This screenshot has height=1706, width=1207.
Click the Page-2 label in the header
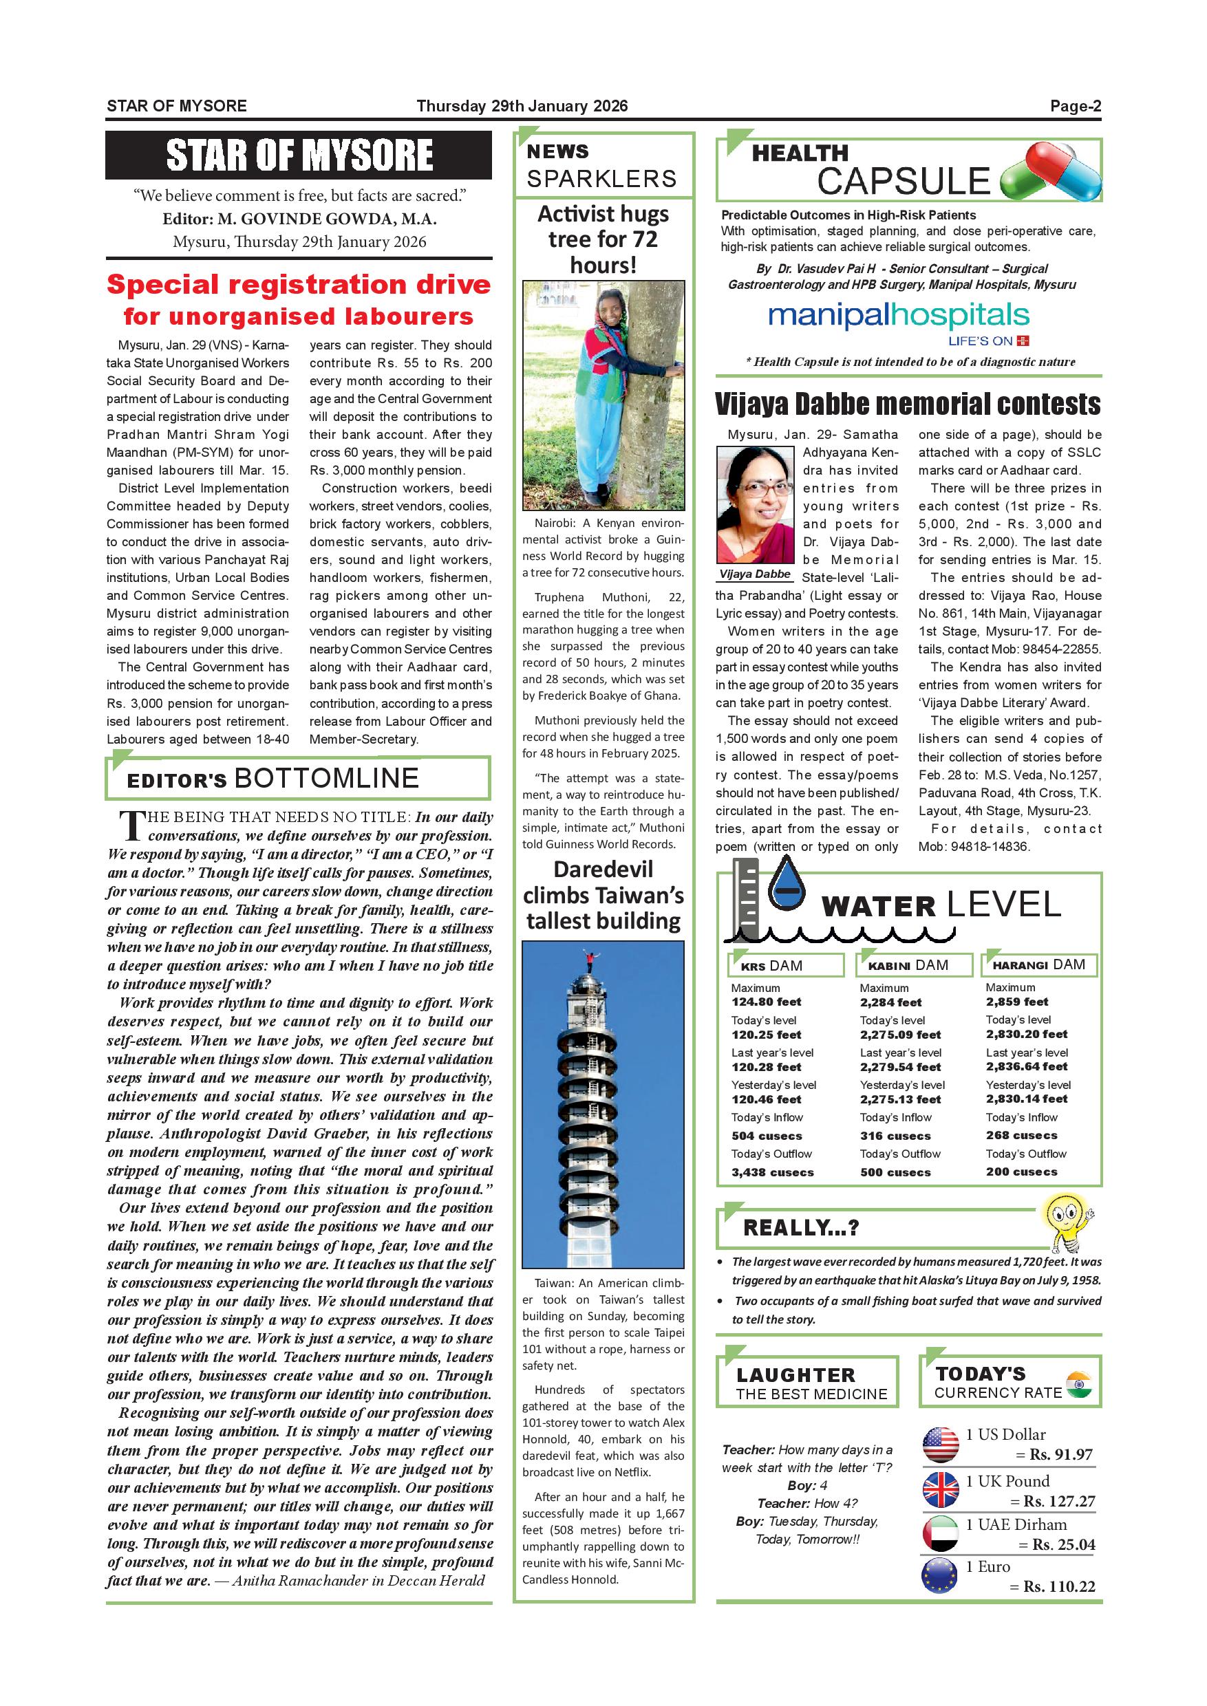click(x=1075, y=106)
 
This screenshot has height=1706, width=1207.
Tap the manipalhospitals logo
click(x=899, y=316)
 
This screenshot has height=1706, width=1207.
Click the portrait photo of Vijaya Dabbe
click(x=754, y=505)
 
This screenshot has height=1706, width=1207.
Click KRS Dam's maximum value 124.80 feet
click(x=767, y=1002)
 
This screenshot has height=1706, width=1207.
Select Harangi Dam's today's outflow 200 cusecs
click(x=1021, y=1171)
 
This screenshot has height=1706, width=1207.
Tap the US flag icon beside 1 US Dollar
click(x=940, y=1445)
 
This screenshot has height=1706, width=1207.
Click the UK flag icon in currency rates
click(x=940, y=1491)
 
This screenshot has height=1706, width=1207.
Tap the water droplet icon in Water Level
click(x=787, y=885)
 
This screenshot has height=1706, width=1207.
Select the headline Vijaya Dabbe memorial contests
click(x=908, y=405)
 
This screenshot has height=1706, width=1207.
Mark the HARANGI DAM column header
click(x=1039, y=965)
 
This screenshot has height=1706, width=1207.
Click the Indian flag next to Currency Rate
click(x=1078, y=1385)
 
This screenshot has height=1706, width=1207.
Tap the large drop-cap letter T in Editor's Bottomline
click(x=131, y=825)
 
